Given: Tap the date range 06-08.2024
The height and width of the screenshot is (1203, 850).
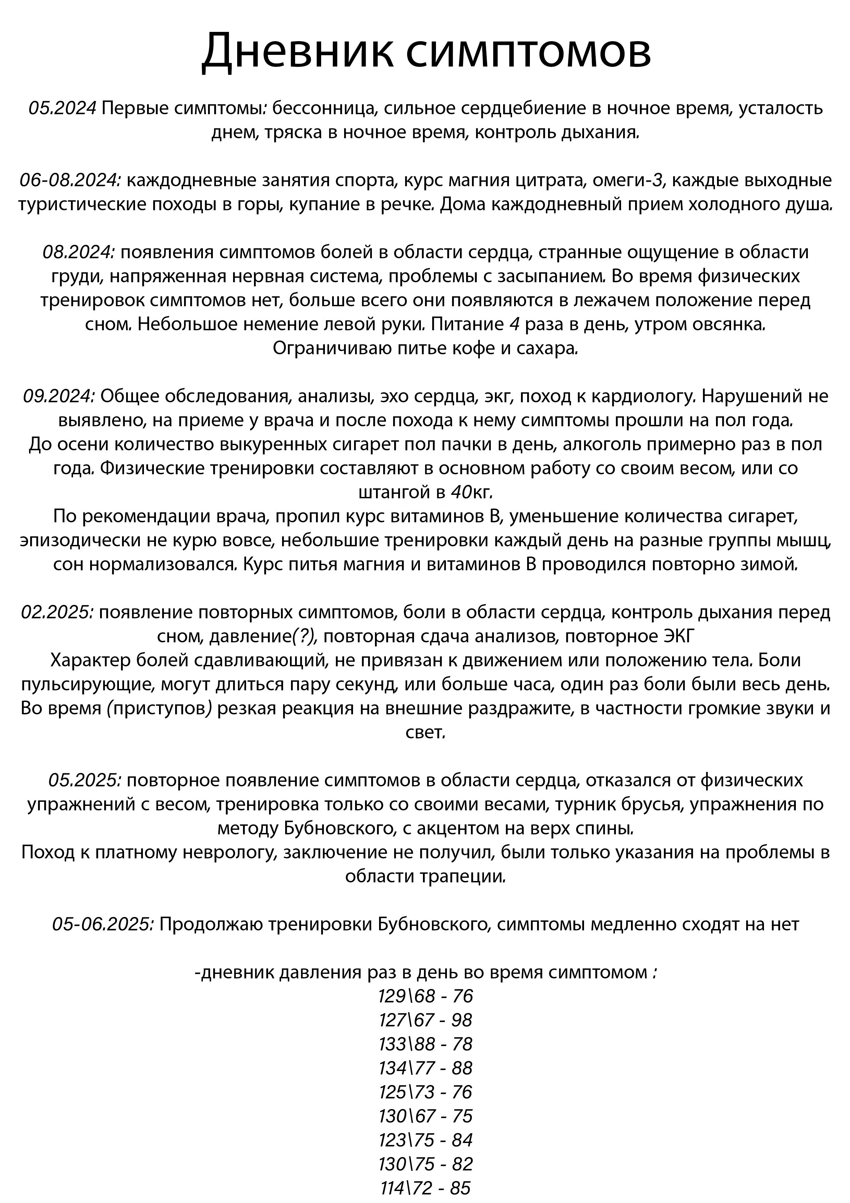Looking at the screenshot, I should [71, 180].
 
